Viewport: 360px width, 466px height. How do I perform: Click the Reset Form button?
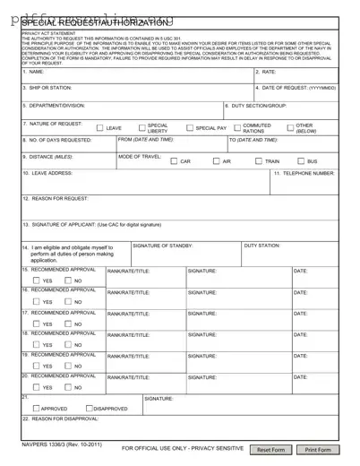[270, 450]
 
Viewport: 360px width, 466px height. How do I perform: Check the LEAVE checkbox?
[99, 128]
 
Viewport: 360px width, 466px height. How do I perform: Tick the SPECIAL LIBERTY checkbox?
[141, 128]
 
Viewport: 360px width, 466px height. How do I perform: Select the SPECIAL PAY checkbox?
[189, 128]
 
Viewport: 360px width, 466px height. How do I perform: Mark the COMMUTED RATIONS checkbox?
[237, 128]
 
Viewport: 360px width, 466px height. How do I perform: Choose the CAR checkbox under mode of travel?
[174, 161]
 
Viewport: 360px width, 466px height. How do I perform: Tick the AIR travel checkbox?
[216, 161]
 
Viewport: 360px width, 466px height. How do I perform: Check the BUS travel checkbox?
[301, 161]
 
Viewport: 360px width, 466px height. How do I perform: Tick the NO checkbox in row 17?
[66, 324]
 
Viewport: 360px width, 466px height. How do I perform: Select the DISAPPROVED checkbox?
[87, 408]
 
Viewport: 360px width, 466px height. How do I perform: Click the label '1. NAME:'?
[33, 71]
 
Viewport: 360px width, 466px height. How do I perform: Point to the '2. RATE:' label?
[267, 71]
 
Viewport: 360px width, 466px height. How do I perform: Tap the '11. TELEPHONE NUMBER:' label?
[304, 173]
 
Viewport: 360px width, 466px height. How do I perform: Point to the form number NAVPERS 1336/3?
[49, 443]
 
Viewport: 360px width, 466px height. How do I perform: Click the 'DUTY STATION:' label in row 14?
[262, 245]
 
